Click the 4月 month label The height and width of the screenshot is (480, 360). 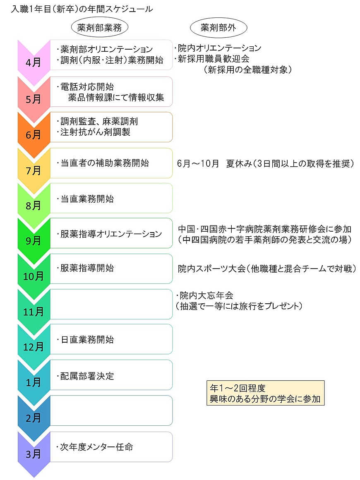click(34, 62)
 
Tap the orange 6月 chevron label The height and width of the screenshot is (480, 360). click(34, 134)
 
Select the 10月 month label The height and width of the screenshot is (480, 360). click(34, 276)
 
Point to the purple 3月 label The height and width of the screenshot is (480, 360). click(34, 454)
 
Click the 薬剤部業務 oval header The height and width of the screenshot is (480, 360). click(99, 28)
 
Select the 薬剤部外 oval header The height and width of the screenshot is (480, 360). click(218, 28)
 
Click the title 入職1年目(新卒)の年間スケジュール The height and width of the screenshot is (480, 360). click(82, 9)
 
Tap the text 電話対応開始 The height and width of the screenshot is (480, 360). click(87, 86)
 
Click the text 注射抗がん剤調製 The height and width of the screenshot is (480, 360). click(96, 132)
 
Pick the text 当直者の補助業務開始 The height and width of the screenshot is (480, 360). click(105, 163)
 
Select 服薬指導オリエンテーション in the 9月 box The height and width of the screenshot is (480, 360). click(111, 234)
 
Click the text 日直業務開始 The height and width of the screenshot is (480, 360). click(87, 339)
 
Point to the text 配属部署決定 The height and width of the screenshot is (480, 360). click(87, 376)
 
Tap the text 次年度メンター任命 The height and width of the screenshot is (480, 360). click(96, 447)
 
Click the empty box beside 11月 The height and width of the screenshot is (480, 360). click(111, 304)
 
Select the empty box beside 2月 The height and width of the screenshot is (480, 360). click(111, 410)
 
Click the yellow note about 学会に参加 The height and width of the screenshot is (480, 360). click(265, 393)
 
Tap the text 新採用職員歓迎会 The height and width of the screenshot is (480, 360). click(214, 59)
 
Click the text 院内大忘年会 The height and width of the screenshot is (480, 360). click(206, 295)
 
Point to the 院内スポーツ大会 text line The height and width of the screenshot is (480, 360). click(267, 269)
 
